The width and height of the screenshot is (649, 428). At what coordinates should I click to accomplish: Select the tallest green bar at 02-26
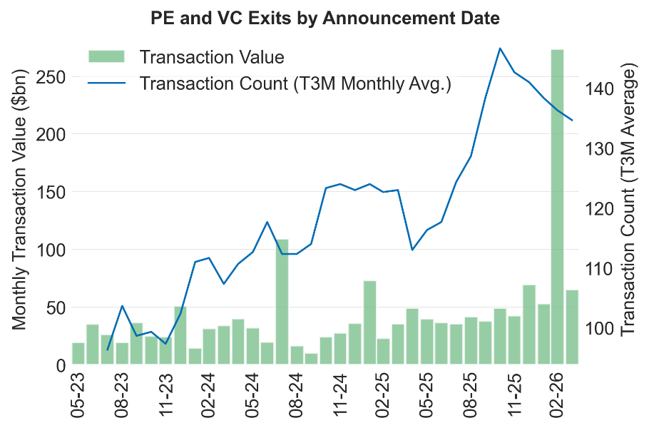pos(557,207)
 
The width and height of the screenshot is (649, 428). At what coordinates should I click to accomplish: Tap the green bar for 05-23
pos(78,354)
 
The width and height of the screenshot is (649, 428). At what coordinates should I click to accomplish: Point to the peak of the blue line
pos(500,49)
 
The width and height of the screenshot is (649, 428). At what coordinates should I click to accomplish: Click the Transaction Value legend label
pos(212,57)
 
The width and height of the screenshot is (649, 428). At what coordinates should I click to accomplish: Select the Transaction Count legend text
pos(296,83)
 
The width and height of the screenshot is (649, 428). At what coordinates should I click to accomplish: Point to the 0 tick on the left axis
pos(60,365)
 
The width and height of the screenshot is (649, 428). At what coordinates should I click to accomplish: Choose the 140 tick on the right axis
pos(596,88)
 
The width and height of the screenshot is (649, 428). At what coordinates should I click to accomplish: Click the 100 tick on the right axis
pos(596,328)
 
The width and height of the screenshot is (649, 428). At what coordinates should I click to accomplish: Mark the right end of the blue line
pos(572,120)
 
